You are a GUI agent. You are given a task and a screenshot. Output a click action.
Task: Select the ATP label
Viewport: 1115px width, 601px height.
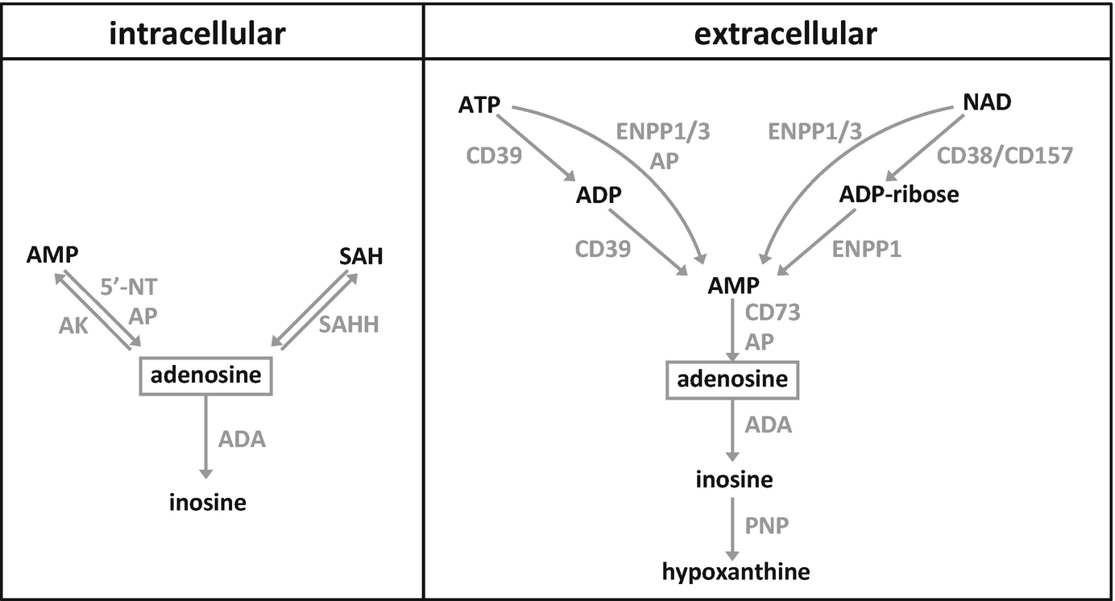[x=480, y=105]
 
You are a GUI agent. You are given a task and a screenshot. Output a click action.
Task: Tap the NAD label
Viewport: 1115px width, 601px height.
[x=987, y=103]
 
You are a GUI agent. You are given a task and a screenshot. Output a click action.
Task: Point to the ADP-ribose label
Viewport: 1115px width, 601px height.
[x=898, y=194]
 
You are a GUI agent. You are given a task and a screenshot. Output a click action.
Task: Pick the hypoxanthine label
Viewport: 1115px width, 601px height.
[x=736, y=572]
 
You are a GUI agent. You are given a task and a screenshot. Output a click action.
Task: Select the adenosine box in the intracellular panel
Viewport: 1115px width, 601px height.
[x=206, y=375]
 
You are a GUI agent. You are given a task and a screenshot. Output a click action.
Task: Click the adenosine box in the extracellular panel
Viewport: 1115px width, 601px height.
[x=732, y=379]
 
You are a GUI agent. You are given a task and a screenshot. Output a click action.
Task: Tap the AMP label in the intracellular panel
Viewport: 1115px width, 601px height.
[x=52, y=255]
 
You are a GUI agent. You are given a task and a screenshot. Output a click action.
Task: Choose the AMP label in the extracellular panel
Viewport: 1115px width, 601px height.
[x=733, y=286]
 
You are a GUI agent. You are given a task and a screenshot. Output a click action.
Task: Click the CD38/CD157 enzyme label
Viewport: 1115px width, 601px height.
[x=1004, y=155]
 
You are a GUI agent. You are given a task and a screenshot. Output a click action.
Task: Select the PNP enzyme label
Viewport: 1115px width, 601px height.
[x=766, y=526]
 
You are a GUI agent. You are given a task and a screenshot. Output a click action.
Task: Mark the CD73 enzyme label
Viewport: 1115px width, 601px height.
[x=773, y=313]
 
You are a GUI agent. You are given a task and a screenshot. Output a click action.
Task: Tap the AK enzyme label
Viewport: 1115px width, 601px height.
[x=73, y=325]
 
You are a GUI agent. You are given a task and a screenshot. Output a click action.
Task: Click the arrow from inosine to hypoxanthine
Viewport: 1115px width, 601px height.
[x=732, y=528]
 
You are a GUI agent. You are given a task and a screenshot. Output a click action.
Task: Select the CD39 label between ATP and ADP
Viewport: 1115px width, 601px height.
[x=495, y=155]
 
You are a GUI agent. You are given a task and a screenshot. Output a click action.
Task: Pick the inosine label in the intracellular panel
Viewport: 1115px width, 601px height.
[x=207, y=503]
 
